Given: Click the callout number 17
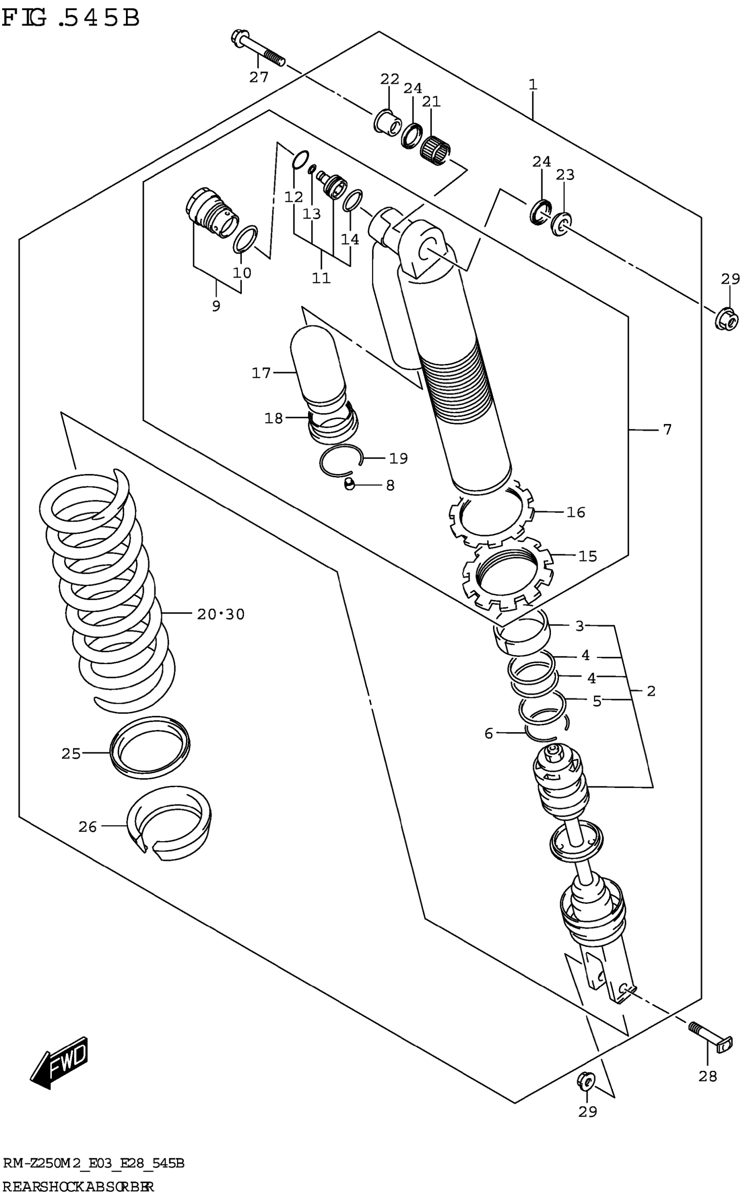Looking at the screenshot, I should (x=261, y=373).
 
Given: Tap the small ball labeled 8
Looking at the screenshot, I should (x=349, y=485).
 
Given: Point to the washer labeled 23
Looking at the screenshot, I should (x=561, y=224).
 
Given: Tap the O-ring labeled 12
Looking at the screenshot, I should (x=300, y=159).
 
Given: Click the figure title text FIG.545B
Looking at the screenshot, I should (x=71, y=19).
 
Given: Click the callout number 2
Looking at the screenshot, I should (x=651, y=691).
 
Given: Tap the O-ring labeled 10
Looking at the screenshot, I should (x=245, y=240).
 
